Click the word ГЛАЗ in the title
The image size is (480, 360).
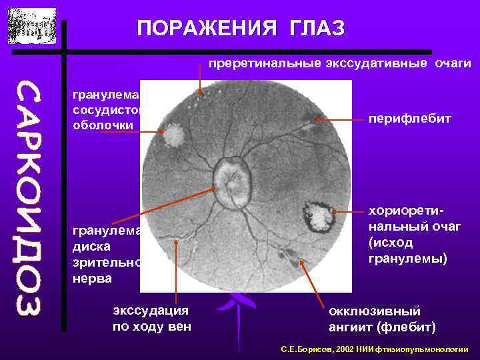click(x=319, y=28)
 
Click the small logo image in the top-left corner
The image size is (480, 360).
click(x=32, y=26)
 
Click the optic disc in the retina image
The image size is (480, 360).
click(x=231, y=181)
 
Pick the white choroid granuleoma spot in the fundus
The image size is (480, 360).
click(x=174, y=135)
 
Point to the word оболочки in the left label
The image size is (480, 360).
click(x=103, y=125)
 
